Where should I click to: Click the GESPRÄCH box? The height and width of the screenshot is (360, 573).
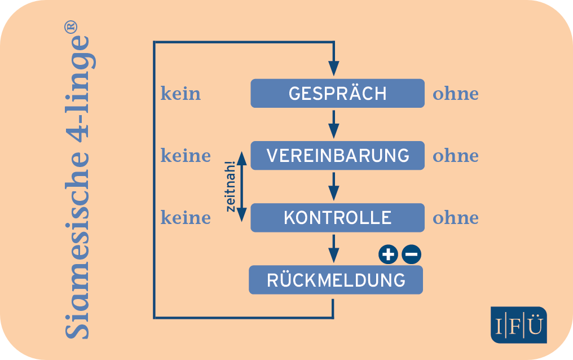[x=337, y=93]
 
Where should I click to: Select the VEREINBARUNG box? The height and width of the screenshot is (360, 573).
[x=337, y=155]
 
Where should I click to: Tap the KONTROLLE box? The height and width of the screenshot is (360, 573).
[x=337, y=217]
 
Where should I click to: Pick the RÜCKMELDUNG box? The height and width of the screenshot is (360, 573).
[x=336, y=280]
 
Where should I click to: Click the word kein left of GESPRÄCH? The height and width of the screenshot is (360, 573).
[x=180, y=93]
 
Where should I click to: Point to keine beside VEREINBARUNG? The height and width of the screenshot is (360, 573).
[x=186, y=155]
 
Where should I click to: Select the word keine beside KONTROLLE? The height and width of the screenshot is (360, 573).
[x=186, y=217]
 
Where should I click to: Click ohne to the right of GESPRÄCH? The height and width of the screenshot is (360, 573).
[x=455, y=94]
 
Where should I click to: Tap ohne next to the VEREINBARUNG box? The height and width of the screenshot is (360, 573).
[x=455, y=156]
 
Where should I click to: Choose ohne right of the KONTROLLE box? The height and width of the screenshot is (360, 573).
[x=455, y=218]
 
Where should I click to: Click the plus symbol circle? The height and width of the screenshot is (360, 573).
[x=387, y=255]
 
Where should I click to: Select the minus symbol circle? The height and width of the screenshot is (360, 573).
[x=411, y=255]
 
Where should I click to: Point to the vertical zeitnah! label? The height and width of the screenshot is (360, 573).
[x=230, y=186]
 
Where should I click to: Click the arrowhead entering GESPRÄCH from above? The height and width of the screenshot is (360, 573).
[x=334, y=68]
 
